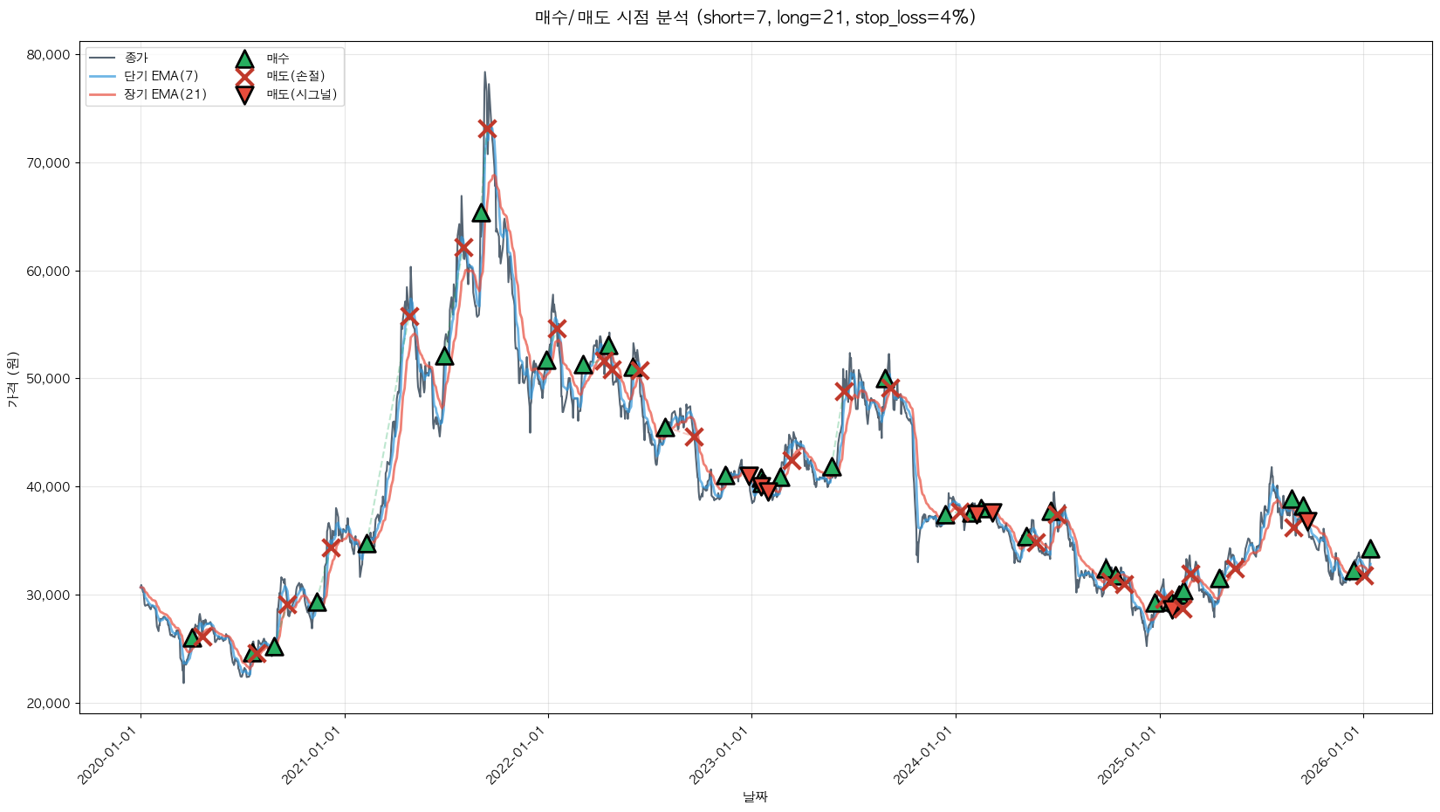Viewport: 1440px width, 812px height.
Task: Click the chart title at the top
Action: (755, 17)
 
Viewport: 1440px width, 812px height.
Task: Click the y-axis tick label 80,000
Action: (49, 55)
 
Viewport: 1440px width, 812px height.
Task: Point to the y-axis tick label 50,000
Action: (49, 379)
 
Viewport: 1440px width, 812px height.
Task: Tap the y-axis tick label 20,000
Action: (49, 703)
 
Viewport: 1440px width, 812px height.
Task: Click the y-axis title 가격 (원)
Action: (12, 379)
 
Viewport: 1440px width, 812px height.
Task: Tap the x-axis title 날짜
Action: (755, 796)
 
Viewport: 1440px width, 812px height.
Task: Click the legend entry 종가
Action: (136, 58)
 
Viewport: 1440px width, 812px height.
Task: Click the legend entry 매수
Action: (278, 58)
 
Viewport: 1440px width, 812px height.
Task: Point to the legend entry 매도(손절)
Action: (295, 76)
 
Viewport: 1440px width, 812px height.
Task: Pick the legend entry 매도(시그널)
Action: (301, 94)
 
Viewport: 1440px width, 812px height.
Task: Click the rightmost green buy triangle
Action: (1370, 548)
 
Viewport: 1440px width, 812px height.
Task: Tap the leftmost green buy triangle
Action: (192, 638)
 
